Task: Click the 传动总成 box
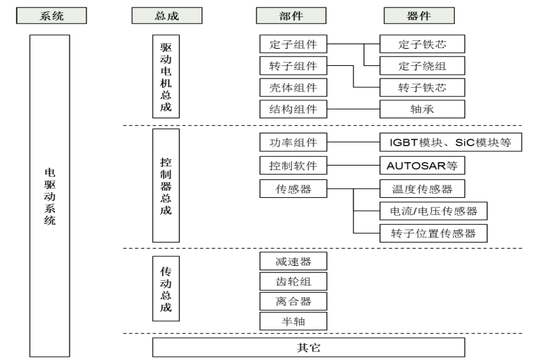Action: click(x=166, y=289)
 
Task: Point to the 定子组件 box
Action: click(x=293, y=45)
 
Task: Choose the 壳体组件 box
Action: click(x=293, y=87)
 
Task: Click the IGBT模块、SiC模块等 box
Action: click(x=451, y=142)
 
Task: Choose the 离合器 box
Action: click(x=293, y=301)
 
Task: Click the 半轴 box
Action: click(x=293, y=322)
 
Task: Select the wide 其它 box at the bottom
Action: click(x=308, y=347)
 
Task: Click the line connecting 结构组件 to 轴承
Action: click(x=354, y=108)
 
